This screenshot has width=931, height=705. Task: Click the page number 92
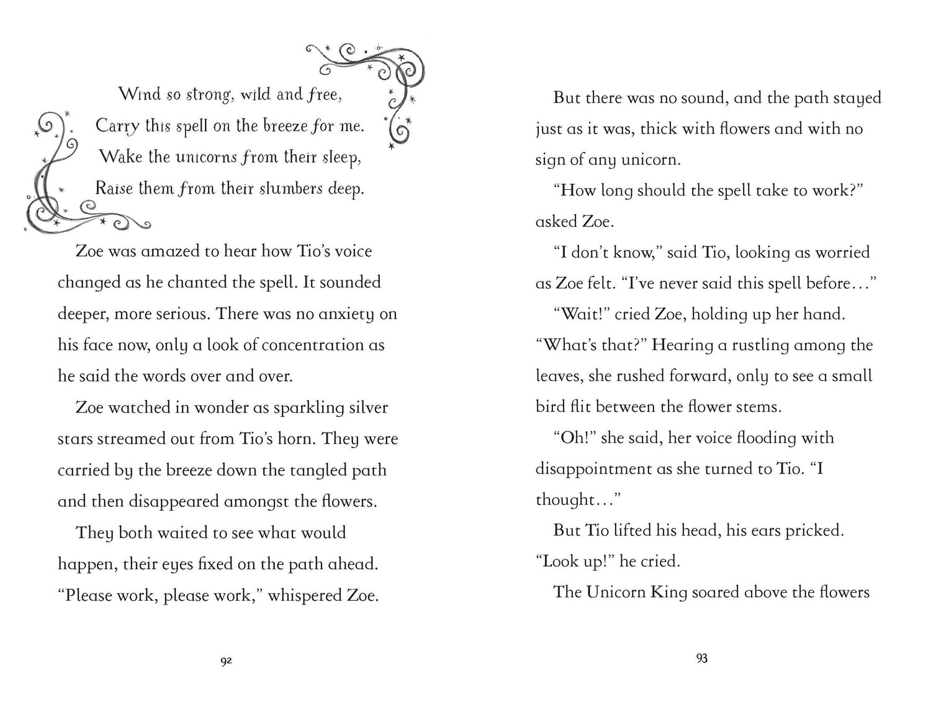coord(226,662)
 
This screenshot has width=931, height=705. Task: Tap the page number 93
coord(702,658)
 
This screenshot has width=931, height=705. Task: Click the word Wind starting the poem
coord(140,94)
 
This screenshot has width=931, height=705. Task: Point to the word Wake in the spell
coord(121,157)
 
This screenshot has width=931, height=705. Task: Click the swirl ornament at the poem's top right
coord(379,81)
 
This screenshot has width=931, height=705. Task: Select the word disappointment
coord(594,469)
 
